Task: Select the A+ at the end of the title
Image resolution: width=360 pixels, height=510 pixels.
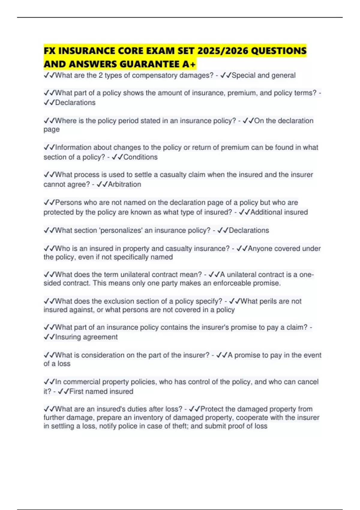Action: [189, 64]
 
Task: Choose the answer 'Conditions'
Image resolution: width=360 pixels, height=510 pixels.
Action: [140, 157]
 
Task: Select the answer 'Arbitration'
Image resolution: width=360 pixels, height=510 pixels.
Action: [124, 184]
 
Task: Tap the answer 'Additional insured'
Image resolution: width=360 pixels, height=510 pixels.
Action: [279, 212]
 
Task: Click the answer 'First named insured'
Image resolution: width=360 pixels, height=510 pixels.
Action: [101, 391]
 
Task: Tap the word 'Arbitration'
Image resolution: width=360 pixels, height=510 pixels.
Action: [124, 184]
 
